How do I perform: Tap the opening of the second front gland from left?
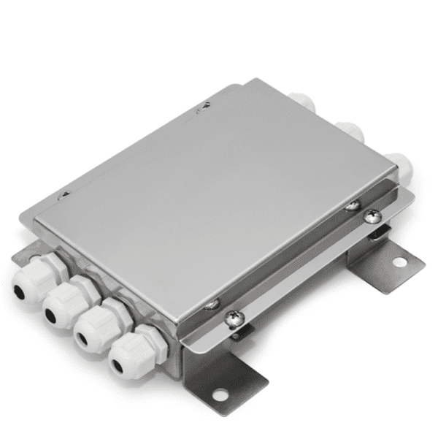52,315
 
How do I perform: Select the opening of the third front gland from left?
82,338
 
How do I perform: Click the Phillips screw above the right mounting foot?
372,215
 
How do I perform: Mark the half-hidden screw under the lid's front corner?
212,303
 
